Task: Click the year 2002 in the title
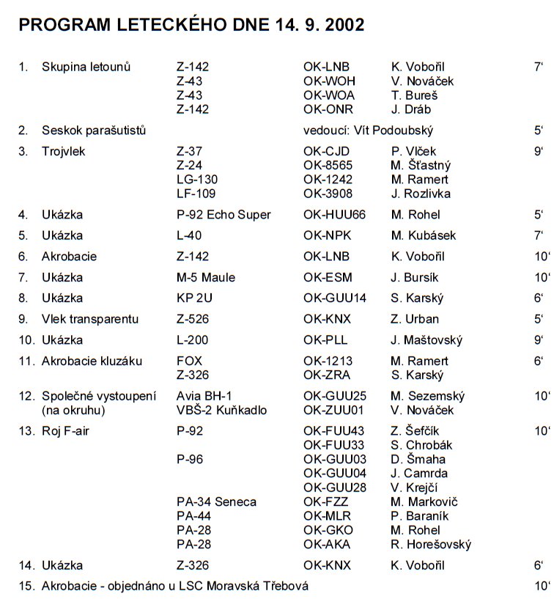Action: (339, 24)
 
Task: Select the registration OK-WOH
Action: (329, 81)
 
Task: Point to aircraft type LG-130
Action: (197, 180)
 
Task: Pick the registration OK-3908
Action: (328, 194)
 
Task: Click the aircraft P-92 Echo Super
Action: (224, 215)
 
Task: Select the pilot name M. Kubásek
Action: (424, 235)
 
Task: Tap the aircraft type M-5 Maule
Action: (206, 277)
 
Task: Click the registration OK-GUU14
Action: (335, 298)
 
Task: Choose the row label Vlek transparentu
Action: (90, 319)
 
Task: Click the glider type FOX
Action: (189, 361)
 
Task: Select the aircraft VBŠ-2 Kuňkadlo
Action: (221, 411)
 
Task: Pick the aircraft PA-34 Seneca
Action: (216, 502)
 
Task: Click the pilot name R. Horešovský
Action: (431, 545)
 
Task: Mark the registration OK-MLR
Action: (328, 516)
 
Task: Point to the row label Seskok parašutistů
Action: (94, 131)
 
